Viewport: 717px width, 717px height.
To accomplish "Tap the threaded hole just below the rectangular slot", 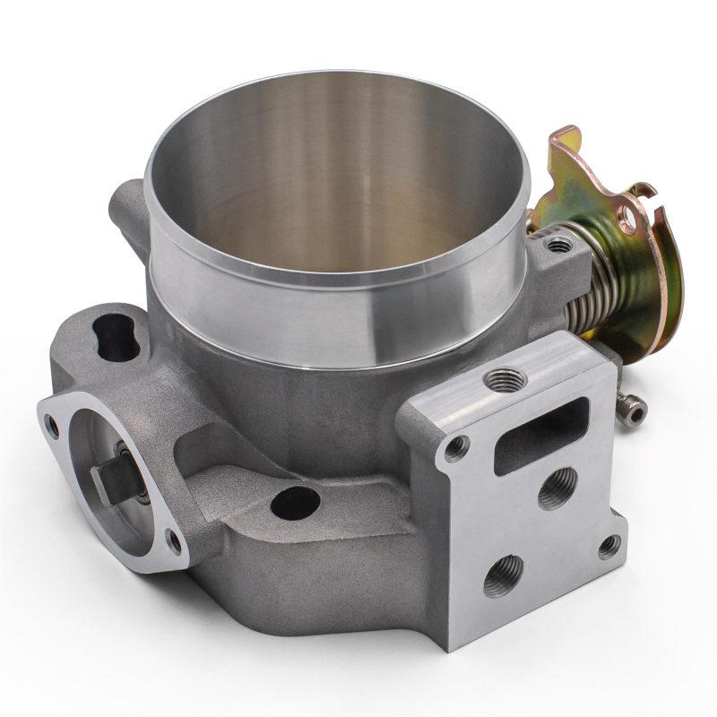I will tap(556, 488).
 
